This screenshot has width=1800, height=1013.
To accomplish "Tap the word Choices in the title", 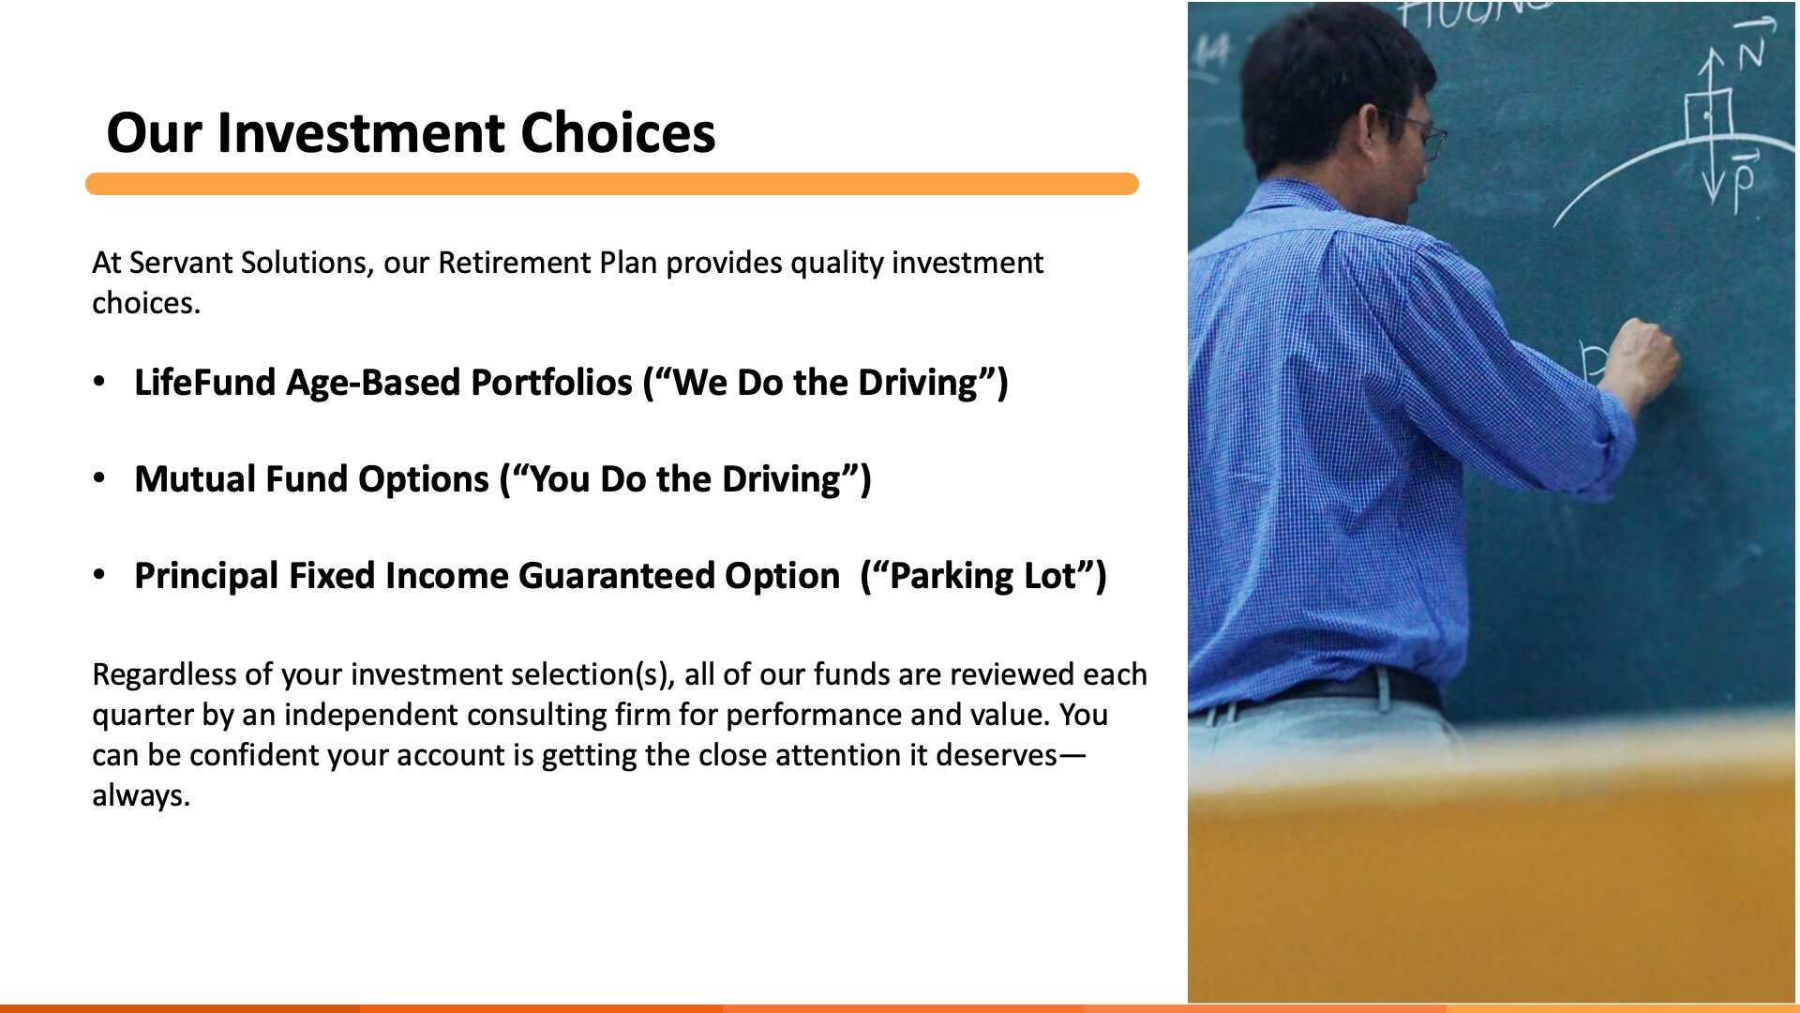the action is click(x=618, y=132).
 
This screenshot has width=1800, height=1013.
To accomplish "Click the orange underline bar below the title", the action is click(x=612, y=184).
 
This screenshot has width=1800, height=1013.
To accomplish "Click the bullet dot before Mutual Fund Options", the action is click(x=99, y=478).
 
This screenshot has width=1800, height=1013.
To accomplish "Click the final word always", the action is click(x=141, y=795).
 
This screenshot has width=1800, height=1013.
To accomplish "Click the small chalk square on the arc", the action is click(x=1707, y=116).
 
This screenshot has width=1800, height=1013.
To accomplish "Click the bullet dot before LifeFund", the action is click(x=99, y=382).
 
